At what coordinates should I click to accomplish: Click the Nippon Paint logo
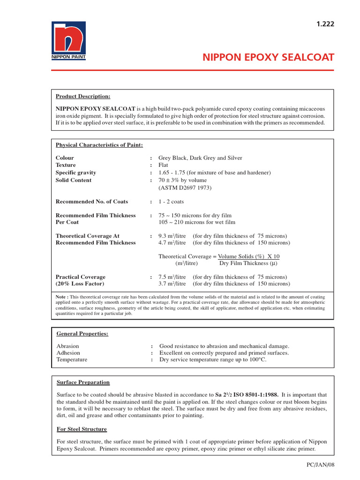point(68,41)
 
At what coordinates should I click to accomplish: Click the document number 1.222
point(325,24)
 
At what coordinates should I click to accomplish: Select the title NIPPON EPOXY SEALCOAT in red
point(268,58)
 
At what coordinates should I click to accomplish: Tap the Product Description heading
point(83,97)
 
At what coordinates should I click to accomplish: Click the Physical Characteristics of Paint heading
point(99,145)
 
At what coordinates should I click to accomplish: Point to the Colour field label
point(65,158)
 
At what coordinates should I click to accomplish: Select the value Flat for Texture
point(164,165)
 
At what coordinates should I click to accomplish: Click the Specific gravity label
point(76,173)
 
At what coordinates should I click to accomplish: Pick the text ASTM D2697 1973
point(185,188)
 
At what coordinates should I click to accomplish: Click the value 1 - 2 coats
point(171,202)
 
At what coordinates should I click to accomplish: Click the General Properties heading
point(82,334)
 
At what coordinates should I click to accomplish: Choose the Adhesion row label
point(68,353)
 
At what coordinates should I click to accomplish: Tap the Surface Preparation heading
point(83,382)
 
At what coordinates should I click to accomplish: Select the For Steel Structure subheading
point(82,429)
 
